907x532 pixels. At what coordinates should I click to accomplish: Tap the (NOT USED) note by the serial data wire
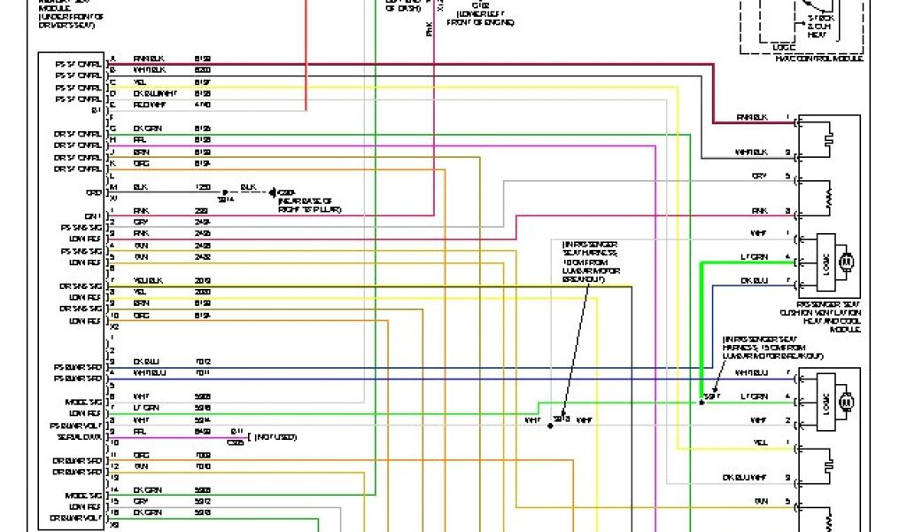pyautogui.click(x=277, y=436)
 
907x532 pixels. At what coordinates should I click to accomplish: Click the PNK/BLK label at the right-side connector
pyautogui.click(x=752, y=117)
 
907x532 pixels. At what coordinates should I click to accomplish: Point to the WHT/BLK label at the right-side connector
pyautogui.click(x=752, y=153)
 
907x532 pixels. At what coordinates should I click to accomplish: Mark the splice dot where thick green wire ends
pyautogui.click(x=701, y=402)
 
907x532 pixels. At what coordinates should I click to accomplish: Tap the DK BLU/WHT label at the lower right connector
pyautogui.click(x=746, y=477)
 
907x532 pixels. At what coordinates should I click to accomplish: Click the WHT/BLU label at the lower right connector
pyautogui.click(x=751, y=372)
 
